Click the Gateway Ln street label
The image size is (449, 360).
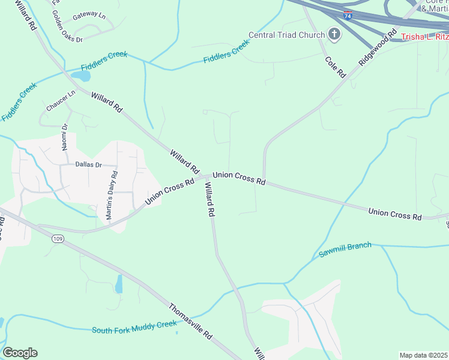pyautogui.click(x=88, y=16)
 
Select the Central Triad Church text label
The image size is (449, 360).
pyautogui.click(x=286, y=35)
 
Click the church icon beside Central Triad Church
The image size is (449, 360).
pyautogui.click(x=334, y=35)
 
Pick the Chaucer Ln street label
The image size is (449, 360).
pyautogui.click(x=61, y=101)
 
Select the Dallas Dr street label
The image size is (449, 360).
pyautogui.click(x=89, y=164)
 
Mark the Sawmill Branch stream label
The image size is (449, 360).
pyautogui.click(x=345, y=250)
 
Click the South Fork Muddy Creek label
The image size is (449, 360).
pyautogui.click(x=134, y=327)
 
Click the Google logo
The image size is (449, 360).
pyautogui.click(x=20, y=353)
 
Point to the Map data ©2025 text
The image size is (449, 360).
pyautogui.click(x=423, y=355)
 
